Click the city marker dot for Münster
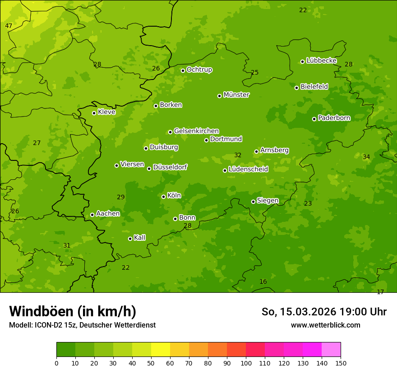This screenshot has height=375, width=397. coord(220,96)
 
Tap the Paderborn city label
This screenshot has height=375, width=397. coord(334,118)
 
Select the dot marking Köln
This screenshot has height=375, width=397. coord(163,197)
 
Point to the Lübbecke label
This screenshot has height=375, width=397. coord(321,61)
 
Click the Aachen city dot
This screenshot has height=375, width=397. coord(92,215)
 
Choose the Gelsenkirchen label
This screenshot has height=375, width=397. coord(196,131)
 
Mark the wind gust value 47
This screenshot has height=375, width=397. coord(9,26)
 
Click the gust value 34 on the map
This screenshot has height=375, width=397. coord(366,157)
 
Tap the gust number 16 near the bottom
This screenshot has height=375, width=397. coord(263,281)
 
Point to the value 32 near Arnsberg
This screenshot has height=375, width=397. coord(238,155)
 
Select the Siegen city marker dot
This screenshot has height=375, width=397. coord(253,202)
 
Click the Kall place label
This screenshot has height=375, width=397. coord(139,238)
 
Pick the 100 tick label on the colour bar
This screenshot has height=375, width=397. coord(246,363)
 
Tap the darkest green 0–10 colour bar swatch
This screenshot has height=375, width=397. coord(66,350)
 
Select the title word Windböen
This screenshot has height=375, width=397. coord(41,311)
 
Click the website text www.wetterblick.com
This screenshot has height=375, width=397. coord(325,325)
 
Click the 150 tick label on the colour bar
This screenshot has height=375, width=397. coord(340,363)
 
